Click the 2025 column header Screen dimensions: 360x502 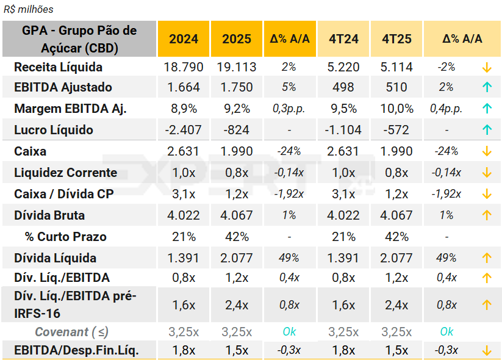237,38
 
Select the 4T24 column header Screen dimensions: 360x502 343,38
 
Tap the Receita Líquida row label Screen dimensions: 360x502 58,67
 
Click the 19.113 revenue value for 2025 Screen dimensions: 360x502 237,67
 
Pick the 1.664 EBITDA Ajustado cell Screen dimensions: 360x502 184,87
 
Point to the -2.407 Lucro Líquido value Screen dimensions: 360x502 184,130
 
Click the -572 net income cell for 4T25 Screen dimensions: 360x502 396,130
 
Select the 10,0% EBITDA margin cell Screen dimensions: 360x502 396,109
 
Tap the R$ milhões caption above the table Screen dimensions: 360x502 29,9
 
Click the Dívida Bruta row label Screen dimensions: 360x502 49,215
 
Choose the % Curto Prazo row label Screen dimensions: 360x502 65,237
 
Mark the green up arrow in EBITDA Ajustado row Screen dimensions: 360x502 487,87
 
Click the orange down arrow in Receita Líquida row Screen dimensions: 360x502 487,67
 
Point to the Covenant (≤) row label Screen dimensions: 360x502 71,332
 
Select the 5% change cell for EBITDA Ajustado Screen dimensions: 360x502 289,87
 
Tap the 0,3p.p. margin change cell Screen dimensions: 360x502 289,109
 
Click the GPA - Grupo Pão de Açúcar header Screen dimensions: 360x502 79,38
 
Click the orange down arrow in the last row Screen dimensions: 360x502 487,351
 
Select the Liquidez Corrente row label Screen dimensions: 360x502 65,173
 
